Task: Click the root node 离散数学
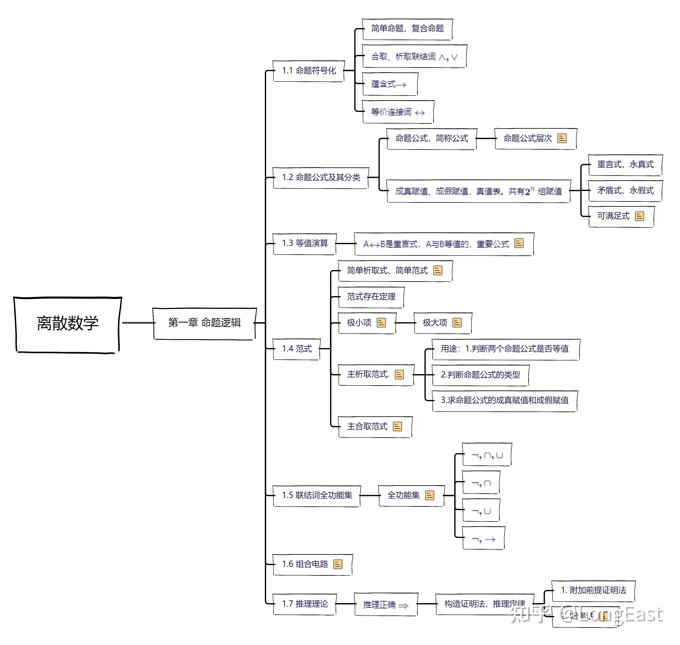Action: coord(67,323)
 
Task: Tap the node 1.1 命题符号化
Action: coord(308,71)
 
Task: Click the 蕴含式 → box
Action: coord(390,84)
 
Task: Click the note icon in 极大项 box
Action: coord(457,323)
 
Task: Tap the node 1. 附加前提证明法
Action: coord(593,590)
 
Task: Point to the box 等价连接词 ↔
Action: coord(398,112)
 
